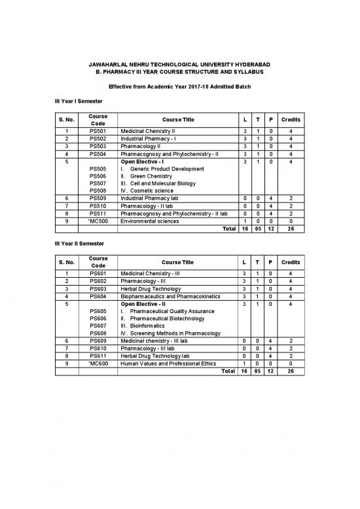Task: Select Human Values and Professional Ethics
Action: point(168,363)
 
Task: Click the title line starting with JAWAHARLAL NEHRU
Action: point(179,64)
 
